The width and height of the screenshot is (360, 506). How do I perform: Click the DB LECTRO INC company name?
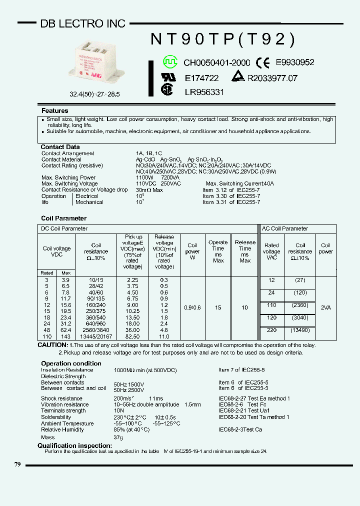click(82, 23)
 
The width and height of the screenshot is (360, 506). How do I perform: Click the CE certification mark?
click(263, 62)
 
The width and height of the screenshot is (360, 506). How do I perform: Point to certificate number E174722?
click(201, 78)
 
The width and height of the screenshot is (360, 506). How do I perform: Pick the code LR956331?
click(204, 92)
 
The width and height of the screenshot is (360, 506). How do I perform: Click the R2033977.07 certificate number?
click(272, 78)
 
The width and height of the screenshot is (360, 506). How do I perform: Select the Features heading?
click(55, 110)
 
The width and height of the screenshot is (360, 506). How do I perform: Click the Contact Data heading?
click(60, 147)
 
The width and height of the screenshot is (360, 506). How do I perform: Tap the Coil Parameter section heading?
click(63, 218)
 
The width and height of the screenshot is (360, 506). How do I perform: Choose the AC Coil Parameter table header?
click(285, 228)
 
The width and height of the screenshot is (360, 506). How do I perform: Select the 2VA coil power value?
click(325, 308)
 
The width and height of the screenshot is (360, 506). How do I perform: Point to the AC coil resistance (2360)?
click(299, 305)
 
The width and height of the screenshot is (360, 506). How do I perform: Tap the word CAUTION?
click(52, 345)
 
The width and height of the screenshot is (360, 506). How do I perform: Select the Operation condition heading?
click(71, 363)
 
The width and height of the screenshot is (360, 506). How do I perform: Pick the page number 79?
click(17, 464)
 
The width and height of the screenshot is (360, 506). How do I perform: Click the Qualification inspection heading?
click(74, 445)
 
